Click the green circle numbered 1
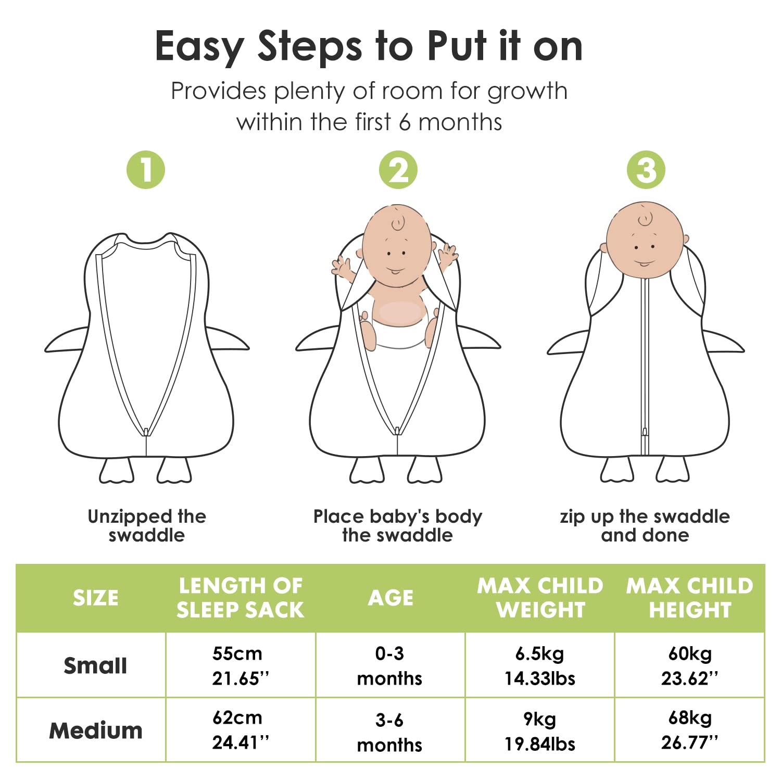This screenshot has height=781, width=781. [x=146, y=170]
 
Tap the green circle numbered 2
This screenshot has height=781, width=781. [x=398, y=170]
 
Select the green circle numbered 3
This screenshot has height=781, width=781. [x=646, y=170]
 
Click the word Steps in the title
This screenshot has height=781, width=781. [x=310, y=47]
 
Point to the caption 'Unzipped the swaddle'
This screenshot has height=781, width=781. [x=147, y=526]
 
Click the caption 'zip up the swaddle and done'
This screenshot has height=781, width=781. [x=645, y=526]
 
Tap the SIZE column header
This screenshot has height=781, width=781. [x=96, y=598]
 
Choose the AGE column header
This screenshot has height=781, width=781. [x=391, y=598]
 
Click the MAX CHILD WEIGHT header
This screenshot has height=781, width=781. [x=540, y=598]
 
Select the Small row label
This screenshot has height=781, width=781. [x=95, y=666]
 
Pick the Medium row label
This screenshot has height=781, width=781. [x=96, y=730]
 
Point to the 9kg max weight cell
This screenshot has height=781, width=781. [x=540, y=732]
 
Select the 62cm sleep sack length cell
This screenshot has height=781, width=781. [x=241, y=730]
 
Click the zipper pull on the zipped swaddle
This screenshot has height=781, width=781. [x=645, y=432]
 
